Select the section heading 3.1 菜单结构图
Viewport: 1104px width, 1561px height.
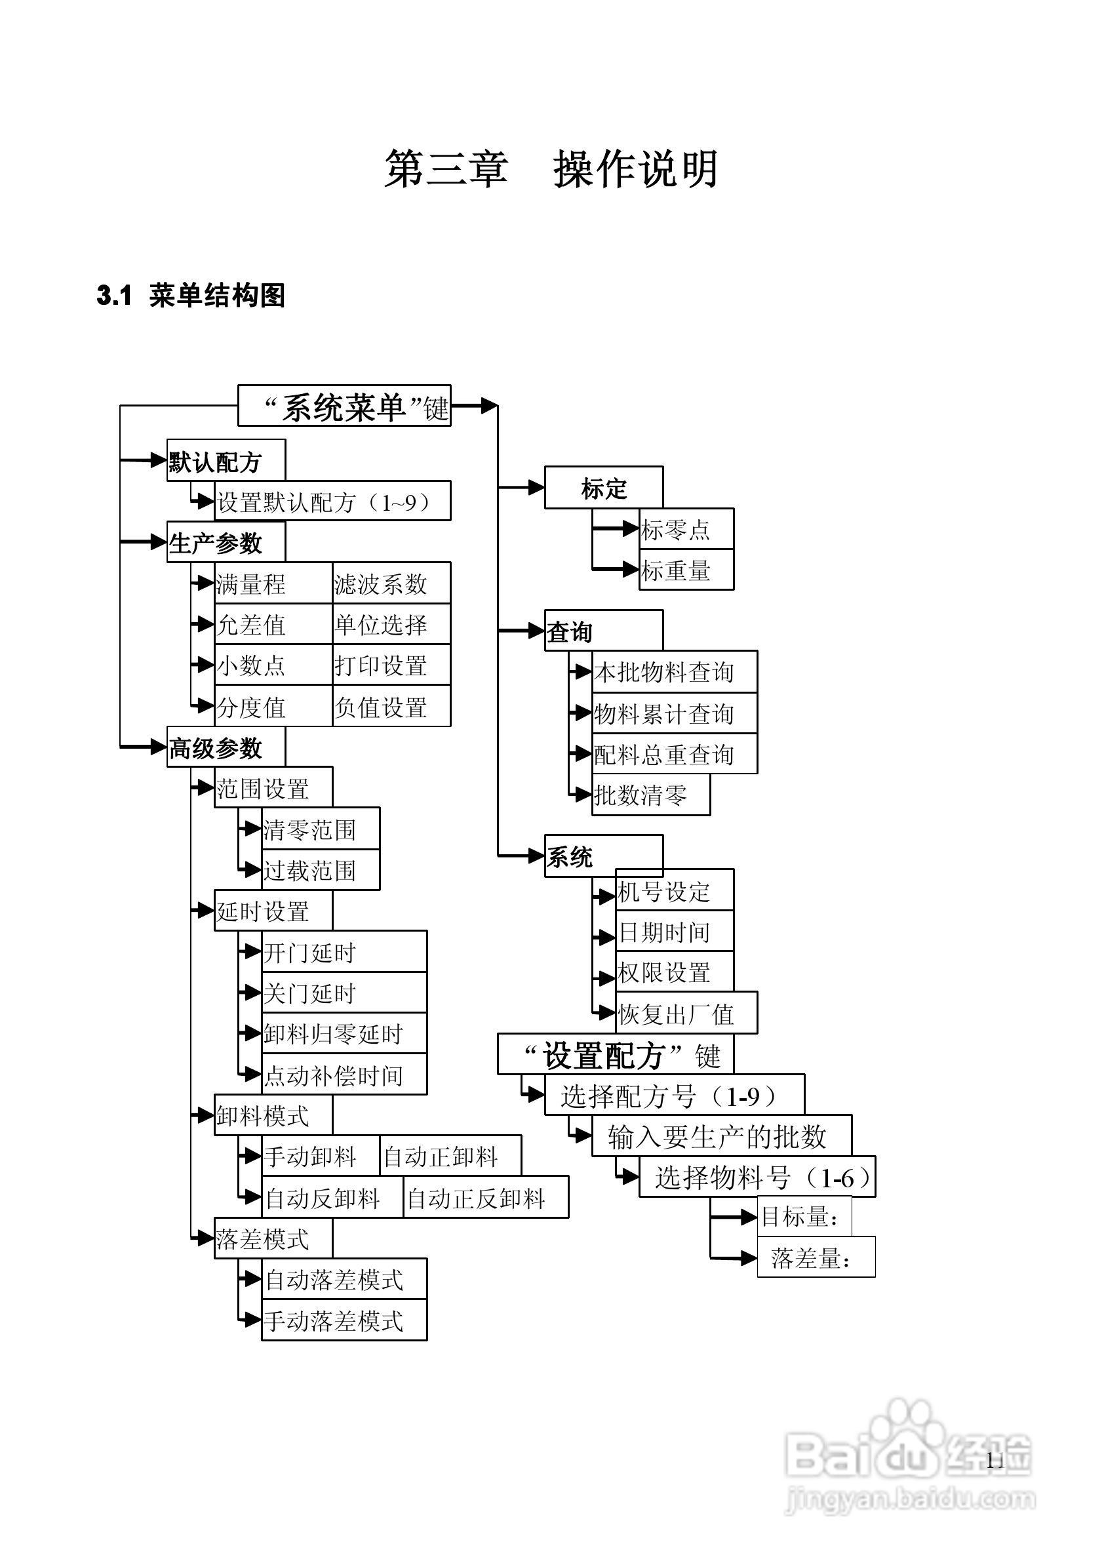(x=191, y=296)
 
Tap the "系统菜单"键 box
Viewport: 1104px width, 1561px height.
(x=344, y=406)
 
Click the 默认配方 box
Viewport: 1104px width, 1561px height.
(x=226, y=461)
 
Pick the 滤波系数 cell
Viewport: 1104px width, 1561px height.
(x=391, y=583)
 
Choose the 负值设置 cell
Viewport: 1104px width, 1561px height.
(x=391, y=706)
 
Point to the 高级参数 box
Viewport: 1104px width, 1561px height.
(x=226, y=747)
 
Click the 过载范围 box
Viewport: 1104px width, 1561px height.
(x=320, y=870)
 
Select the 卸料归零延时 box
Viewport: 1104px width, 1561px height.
(x=344, y=1033)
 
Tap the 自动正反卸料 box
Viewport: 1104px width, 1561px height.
(x=485, y=1197)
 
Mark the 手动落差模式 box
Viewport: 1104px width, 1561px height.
(x=344, y=1320)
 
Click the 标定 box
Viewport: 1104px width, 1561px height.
(x=603, y=488)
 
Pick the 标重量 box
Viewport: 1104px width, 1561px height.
(x=686, y=570)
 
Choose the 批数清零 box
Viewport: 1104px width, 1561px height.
(x=650, y=794)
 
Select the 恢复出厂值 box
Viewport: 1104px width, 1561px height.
(x=686, y=1014)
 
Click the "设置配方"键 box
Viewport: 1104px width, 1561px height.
(x=615, y=1055)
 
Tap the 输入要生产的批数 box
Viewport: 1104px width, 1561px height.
(x=721, y=1136)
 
